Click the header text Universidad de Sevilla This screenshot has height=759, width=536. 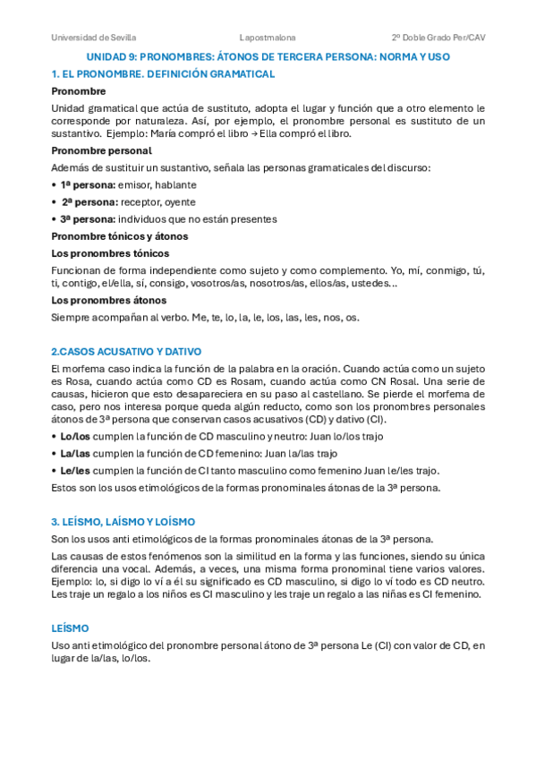93,38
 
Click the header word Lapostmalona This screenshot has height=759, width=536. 268,38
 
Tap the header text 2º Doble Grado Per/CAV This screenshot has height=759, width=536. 438,38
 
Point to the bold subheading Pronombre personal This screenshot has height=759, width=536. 102,150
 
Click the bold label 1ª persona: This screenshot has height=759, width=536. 89,184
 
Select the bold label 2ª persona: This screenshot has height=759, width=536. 89,201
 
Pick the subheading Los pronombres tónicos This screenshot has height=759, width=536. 109,253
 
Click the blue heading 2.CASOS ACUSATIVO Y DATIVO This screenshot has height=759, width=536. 126,352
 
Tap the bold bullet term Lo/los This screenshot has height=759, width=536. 75,437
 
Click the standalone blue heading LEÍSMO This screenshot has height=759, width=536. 70,629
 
